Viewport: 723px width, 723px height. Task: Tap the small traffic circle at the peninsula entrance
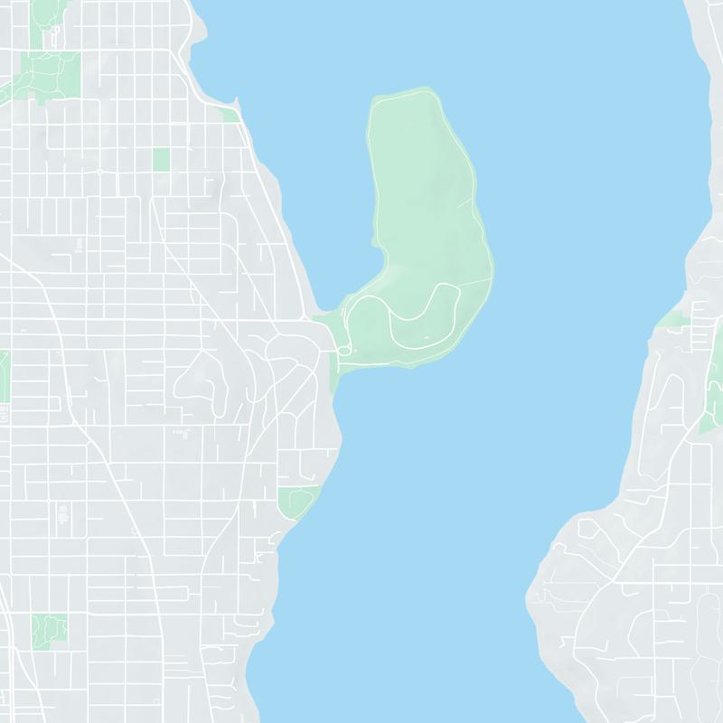(x=343, y=350)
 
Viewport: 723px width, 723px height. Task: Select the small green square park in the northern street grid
(x=161, y=159)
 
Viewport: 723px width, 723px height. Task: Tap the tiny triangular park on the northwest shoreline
(x=231, y=115)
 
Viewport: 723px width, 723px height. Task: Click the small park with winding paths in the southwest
(x=49, y=630)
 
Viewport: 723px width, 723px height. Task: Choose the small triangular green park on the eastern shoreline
(x=674, y=318)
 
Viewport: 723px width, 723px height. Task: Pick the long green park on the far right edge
(x=714, y=389)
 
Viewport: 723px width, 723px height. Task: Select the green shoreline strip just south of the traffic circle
(x=334, y=375)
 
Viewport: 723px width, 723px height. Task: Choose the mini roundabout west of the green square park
(x=99, y=170)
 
